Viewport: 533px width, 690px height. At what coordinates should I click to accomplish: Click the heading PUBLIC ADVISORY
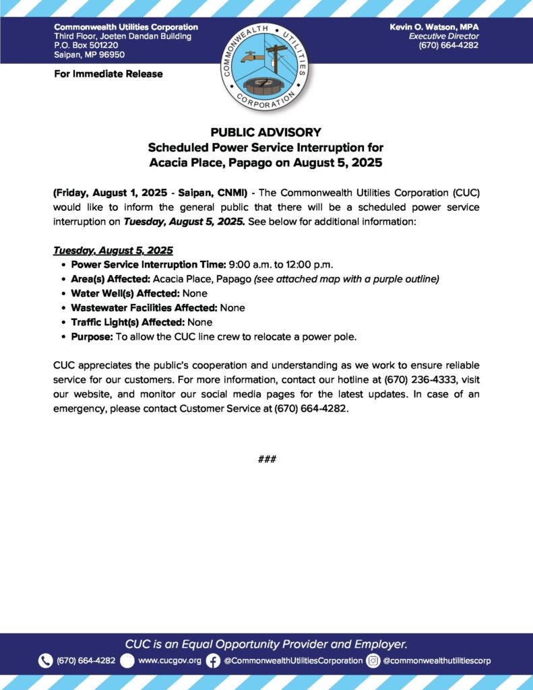point(265,132)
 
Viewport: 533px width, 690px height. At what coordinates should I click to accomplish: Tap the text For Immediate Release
point(108,73)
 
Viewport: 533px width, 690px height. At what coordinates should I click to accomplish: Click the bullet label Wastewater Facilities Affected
point(144,307)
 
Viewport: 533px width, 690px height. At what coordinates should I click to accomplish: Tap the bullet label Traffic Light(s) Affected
point(127,322)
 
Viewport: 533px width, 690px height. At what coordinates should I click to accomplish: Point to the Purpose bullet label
point(90,336)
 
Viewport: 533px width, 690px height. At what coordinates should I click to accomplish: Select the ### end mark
point(266,459)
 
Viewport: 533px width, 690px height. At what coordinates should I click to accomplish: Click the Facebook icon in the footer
point(213,660)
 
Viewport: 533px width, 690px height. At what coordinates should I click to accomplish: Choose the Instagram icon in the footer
point(373,660)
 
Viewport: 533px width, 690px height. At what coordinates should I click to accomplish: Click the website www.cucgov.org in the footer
point(170,660)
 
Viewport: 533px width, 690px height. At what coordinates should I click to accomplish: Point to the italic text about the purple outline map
point(346,278)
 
